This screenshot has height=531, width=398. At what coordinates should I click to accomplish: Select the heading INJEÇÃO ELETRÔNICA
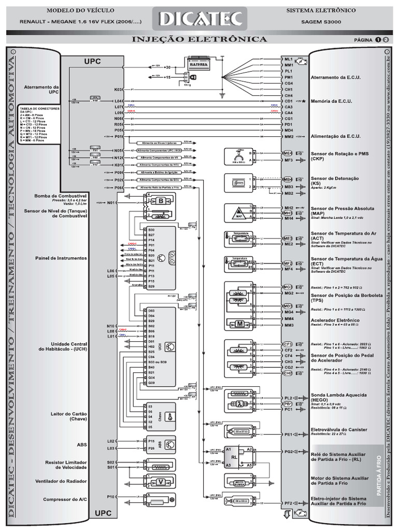[x=200, y=39]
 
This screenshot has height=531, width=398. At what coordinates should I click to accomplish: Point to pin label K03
[x=118, y=89]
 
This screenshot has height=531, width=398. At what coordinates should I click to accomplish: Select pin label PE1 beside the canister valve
[x=288, y=434]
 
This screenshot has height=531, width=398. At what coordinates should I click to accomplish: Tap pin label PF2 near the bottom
[x=288, y=502]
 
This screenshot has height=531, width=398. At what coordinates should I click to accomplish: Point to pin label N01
[x=110, y=203]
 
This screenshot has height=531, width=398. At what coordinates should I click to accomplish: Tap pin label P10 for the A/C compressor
[x=110, y=496]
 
